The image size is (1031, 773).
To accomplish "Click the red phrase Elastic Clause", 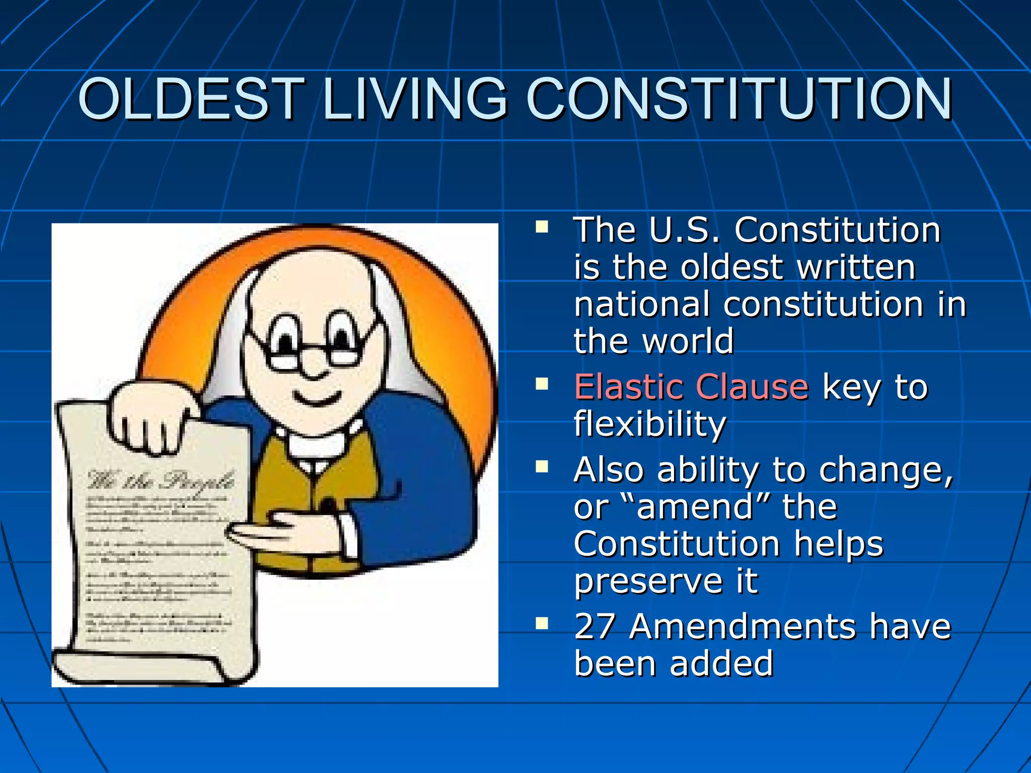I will tap(691, 388).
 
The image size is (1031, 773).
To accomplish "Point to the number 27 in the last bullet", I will tap(595, 627).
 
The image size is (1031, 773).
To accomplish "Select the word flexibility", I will tap(650, 424).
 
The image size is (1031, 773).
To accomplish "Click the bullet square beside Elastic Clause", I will tap(542, 385).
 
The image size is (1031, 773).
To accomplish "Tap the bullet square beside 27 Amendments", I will tap(542, 625).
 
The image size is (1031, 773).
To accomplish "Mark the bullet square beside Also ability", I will tap(542, 468).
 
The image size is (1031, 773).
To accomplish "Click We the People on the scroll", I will tap(161, 481).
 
